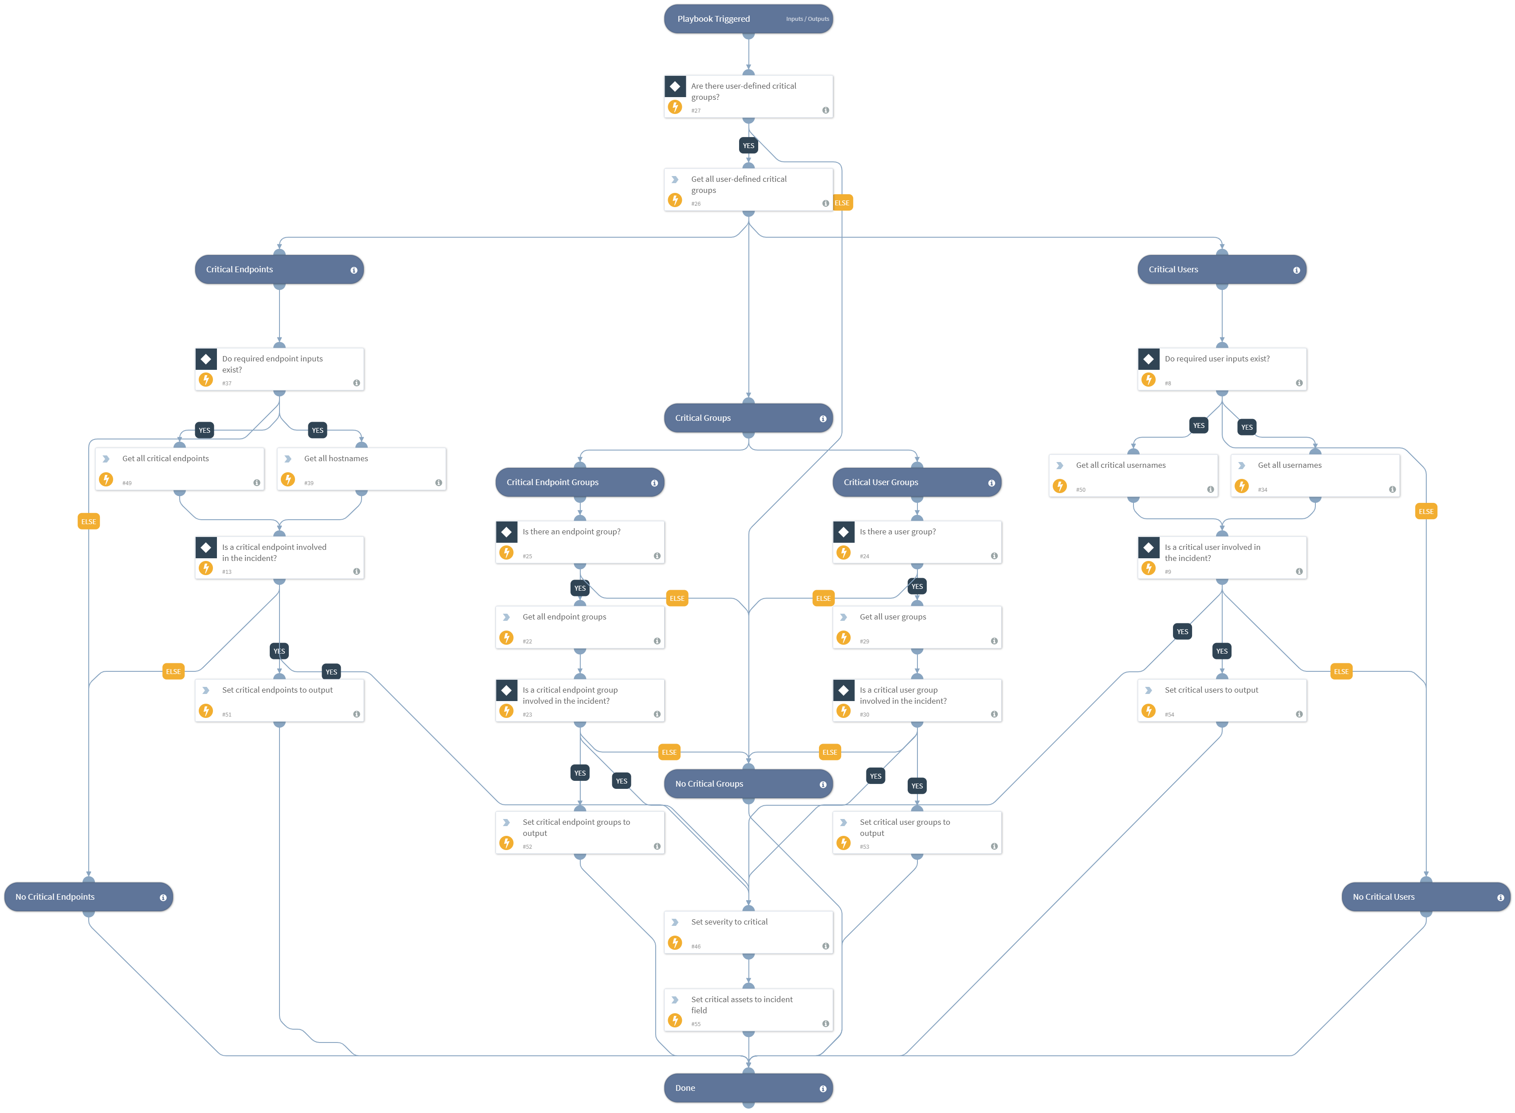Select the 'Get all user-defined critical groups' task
(x=748, y=190)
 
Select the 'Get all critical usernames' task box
(x=1133, y=476)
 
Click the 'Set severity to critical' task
(x=748, y=933)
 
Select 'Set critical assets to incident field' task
(x=748, y=1011)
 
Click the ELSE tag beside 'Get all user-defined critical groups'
(x=842, y=203)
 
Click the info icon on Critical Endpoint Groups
(x=654, y=483)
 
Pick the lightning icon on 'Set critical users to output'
(x=1149, y=711)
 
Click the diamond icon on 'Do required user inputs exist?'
(x=1149, y=359)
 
